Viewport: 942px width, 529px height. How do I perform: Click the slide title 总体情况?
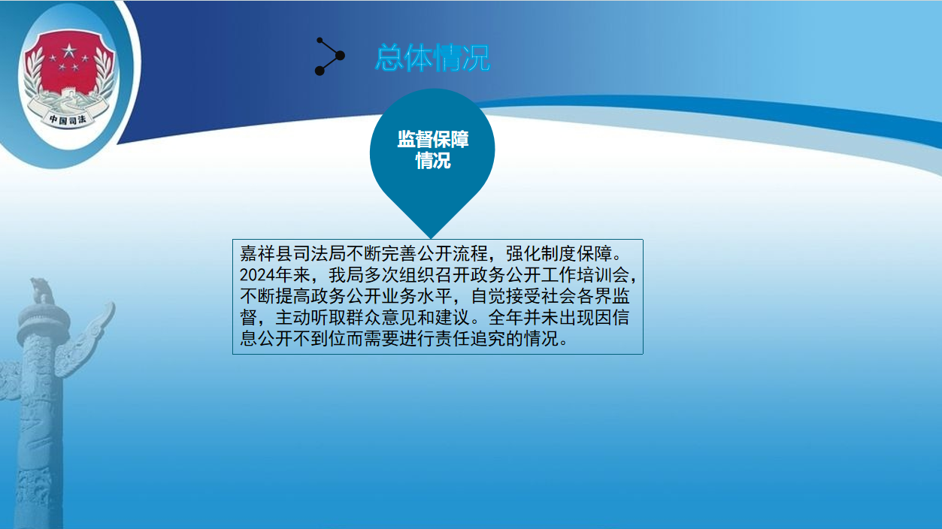[x=432, y=58]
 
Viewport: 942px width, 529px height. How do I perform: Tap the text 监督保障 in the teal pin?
[x=433, y=139]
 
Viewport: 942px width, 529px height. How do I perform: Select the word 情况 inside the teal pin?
[x=433, y=161]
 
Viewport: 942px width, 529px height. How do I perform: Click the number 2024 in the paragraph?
[x=257, y=275]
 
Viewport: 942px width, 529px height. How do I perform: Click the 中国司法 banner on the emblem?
[x=68, y=119]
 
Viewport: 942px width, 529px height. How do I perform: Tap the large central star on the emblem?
[x=69, y=51]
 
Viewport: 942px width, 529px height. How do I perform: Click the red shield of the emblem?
[x=68, y=63]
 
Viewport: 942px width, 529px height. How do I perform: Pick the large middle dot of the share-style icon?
[x=341, y=56]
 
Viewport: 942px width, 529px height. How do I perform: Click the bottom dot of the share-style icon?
[x=320, y=71]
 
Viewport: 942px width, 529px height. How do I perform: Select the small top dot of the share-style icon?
[x=320, y=41]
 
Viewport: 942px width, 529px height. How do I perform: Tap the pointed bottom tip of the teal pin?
[x=431, y=237]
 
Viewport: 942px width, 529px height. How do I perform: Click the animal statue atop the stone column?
[x=41, y=290]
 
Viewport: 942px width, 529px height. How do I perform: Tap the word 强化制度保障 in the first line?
[x=559, y=253]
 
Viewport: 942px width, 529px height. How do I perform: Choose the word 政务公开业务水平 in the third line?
[x=381, y=296]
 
